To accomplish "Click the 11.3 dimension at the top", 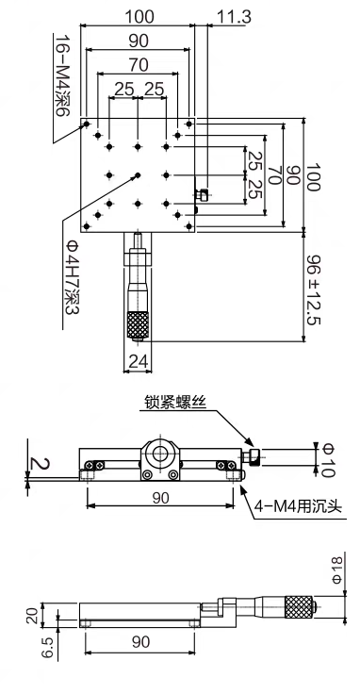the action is pos(234,17).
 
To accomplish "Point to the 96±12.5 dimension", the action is pos(313,289).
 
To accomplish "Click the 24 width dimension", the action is pos(138,361).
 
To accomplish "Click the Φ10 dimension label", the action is pos(327,460).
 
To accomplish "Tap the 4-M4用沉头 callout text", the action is pos(298,505).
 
